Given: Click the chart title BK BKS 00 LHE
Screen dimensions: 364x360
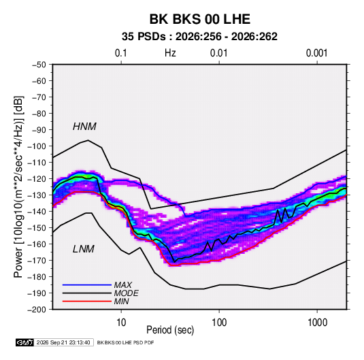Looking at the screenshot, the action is [199, 19].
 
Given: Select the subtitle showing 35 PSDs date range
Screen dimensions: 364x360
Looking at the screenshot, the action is [199, 37].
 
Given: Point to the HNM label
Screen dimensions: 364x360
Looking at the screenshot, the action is [84, 127].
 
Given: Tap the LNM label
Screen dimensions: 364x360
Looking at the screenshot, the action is [84, 249].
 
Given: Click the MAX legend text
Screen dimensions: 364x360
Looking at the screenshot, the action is [122, 284].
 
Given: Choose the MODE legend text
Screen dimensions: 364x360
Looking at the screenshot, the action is [126, 293].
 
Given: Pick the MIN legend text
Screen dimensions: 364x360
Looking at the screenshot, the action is [121, 301].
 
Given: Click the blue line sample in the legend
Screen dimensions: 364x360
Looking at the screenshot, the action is [87, 284].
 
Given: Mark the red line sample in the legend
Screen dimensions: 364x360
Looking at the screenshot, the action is [87, 301].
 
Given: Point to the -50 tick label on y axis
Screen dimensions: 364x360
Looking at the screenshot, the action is [39, 65].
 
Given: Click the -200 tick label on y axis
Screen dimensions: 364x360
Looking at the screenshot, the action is [37, 310].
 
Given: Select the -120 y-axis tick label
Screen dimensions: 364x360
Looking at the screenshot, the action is [37, 179].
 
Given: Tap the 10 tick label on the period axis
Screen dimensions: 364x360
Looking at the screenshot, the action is [121, 323].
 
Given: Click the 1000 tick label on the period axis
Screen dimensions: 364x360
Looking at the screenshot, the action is [317, 323].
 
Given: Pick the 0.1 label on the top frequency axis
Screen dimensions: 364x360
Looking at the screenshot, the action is [121, 53].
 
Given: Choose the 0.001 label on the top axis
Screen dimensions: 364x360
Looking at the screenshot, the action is [317, 53].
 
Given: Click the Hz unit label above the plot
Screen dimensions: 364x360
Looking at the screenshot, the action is [170, 53].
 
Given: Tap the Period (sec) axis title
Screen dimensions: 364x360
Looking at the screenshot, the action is [170, 330].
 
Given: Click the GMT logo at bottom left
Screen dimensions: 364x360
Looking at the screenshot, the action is [24, 342].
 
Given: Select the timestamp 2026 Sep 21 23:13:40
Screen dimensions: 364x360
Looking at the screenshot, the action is [63, 342].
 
